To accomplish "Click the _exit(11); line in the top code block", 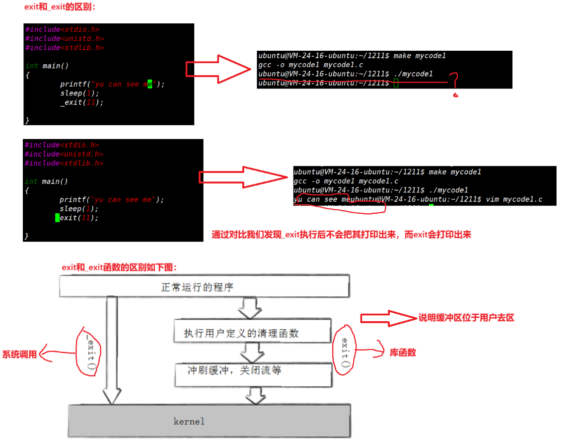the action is [x=81, y=102].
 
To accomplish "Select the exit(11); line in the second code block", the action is [x=78, y=218].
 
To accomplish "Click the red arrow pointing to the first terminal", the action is [x=218, y=70].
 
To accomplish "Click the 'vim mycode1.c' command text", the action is [x=514, y=199].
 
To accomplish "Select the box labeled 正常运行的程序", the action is [x=204, y=287].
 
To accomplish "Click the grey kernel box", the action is [x=209, y=421].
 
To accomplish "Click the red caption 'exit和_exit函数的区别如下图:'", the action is [x=119, y=267].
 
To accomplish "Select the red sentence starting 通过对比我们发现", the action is [x=341, y=235].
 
